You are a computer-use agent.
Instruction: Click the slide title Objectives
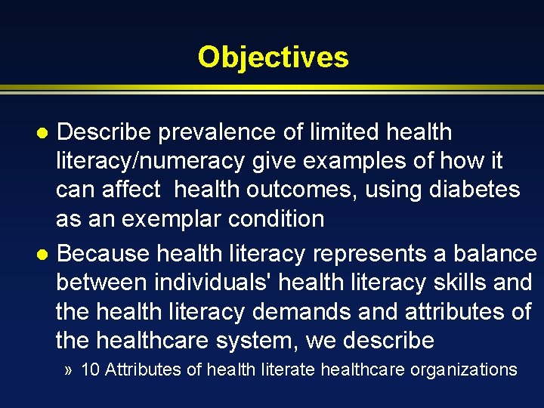pos(273,57)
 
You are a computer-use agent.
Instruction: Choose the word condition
pos(276,219)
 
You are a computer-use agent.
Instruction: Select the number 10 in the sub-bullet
pos(89,369)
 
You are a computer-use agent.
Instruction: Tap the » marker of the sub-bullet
pos(70,370)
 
